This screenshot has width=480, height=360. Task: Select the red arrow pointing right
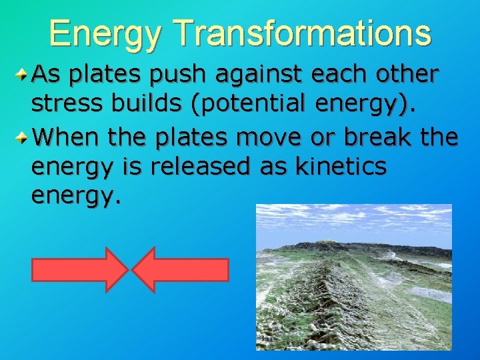coord(79,270)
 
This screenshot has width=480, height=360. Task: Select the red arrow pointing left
coord(180,270)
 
